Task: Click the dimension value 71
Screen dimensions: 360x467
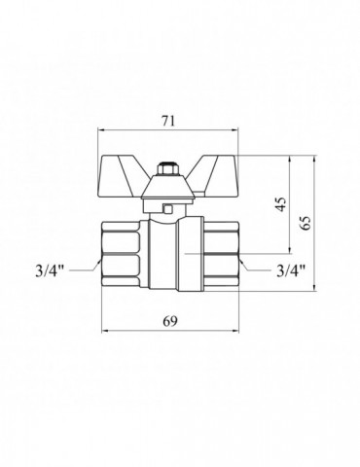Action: [168, 121]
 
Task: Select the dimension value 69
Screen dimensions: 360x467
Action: [170, 321]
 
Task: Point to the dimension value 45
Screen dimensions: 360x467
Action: [281, 204]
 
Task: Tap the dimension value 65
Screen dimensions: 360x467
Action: [306, 223]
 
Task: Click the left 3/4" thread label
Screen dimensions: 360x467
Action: [51, 271]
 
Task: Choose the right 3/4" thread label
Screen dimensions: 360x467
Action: [291, 271]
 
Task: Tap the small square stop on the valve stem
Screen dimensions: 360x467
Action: [168, 209]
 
